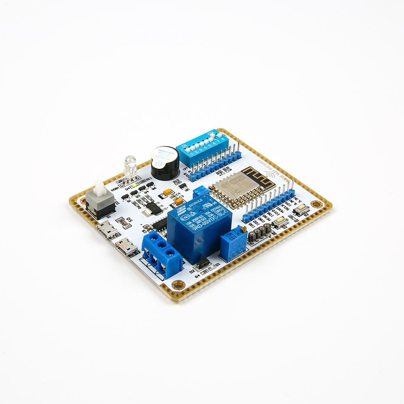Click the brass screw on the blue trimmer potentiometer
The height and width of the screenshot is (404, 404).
coord(243,229)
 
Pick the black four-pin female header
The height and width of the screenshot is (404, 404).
coord(259,233)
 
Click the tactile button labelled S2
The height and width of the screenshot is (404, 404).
coord(280,222)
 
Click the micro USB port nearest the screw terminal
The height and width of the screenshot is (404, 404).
coord(126,246)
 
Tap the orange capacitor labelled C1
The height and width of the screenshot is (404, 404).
coord(166,194)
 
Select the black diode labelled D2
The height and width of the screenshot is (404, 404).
coord(203,263)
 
